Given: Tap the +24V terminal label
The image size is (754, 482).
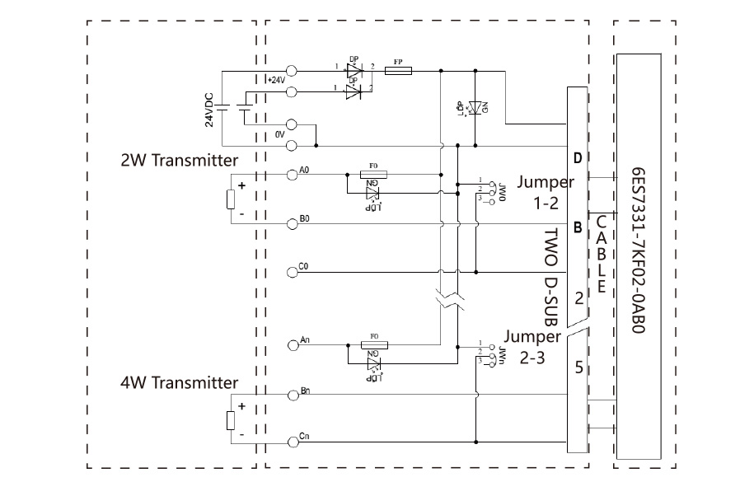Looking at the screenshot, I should (275, 80).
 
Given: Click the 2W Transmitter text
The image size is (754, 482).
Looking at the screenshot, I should (180, 160).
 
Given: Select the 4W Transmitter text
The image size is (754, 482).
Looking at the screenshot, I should (179, 382).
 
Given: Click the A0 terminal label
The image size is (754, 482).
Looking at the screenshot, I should (305, 170).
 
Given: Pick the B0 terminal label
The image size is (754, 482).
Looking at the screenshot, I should (305, 218).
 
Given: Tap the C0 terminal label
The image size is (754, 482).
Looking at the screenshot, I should (305, 266).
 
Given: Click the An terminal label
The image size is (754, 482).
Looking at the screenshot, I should (305, 339).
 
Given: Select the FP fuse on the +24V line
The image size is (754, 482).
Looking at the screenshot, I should (398, 72).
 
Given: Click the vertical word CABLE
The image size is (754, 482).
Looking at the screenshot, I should (602, 255).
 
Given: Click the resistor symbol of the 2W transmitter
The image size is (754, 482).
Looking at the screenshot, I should (231, 199).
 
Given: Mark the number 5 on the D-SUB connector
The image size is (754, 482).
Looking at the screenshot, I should (578, 367).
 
